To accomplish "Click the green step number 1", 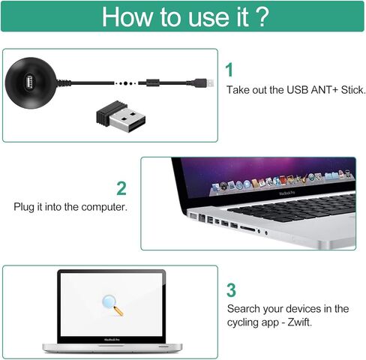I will [229, 70].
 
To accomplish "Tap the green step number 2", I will [121, 187].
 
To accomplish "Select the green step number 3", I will [231, 289].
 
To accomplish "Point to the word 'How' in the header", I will [127, 17].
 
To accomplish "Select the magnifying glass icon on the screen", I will [112, 304].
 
